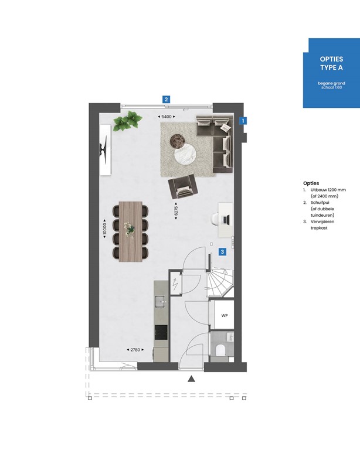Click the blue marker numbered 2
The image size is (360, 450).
tap(167, 99)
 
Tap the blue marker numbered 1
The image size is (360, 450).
tap(244, 121)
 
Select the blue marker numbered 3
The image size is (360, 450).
tap(222, 252)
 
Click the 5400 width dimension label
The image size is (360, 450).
tap(167, 117)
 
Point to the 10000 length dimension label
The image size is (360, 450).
tap(104, 229)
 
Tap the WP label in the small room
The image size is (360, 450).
tap(224, 315)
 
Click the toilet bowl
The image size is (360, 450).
tap(222, 350)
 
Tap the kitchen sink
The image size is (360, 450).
tap(160, 302)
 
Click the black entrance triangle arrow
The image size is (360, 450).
tap(191, 379)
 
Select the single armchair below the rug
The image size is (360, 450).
tap(181, 187)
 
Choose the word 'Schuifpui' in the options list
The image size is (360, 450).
tap(320, 202)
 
